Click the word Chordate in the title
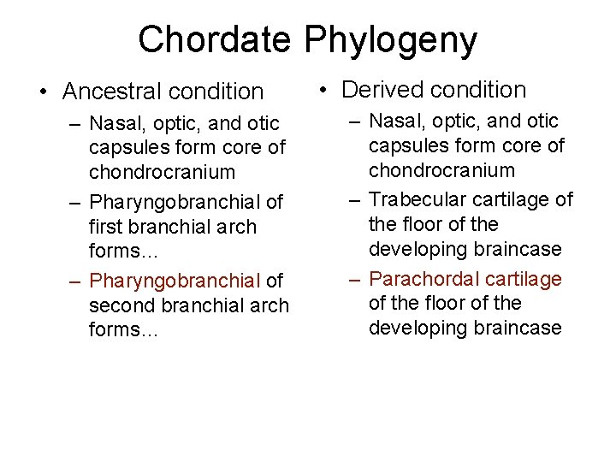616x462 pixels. click(x=216, y=39)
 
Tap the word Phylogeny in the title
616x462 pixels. click(x=390, y=40)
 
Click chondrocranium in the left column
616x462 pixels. click(x=162, y=171)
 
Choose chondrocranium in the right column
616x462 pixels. click(x=441, y=170)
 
